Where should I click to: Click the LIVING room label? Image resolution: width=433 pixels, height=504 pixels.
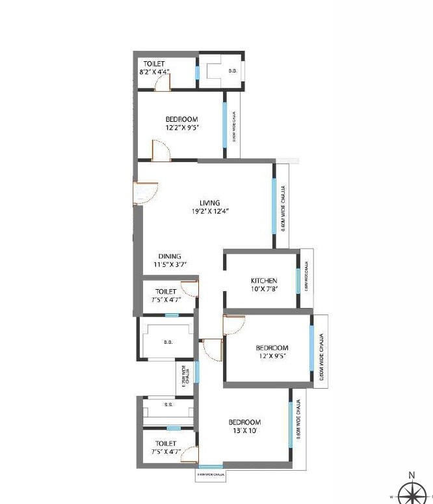pyautogui.click(x=209, y=203)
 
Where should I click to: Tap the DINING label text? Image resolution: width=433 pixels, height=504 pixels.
pyautogui.click(x=170, y=256)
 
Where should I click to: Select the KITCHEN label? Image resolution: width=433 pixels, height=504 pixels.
pyautogui.click(x=264, y=281)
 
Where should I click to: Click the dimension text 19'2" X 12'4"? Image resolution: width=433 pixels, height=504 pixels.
pyautogui.click(x=210, y=211)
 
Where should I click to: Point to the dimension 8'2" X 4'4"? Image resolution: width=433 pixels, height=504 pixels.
pyautogui.click(x=154, y=72)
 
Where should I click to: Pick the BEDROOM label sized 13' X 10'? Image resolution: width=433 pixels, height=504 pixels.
pyautogui.click(x=244, y=423)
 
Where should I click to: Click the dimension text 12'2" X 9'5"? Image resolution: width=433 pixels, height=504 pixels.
pyautogui.click(x=181, y=128)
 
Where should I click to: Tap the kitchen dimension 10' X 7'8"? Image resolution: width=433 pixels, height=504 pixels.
pyautogui.click(x=264, y=289)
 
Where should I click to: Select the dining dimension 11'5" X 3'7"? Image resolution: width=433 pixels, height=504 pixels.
pyautogui.click(x=170, y=264)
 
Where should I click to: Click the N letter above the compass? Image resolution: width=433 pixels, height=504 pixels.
pyautogui.click(x=411, y=475)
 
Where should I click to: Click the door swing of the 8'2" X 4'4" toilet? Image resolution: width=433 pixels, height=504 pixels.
pyautogui.click(x=163, y=82)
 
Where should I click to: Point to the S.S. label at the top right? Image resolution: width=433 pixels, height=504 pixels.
pyautogui.click(x=231, y=70)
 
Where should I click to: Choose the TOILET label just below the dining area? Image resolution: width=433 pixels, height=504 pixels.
pyautogui.click(x=166, y=292)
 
